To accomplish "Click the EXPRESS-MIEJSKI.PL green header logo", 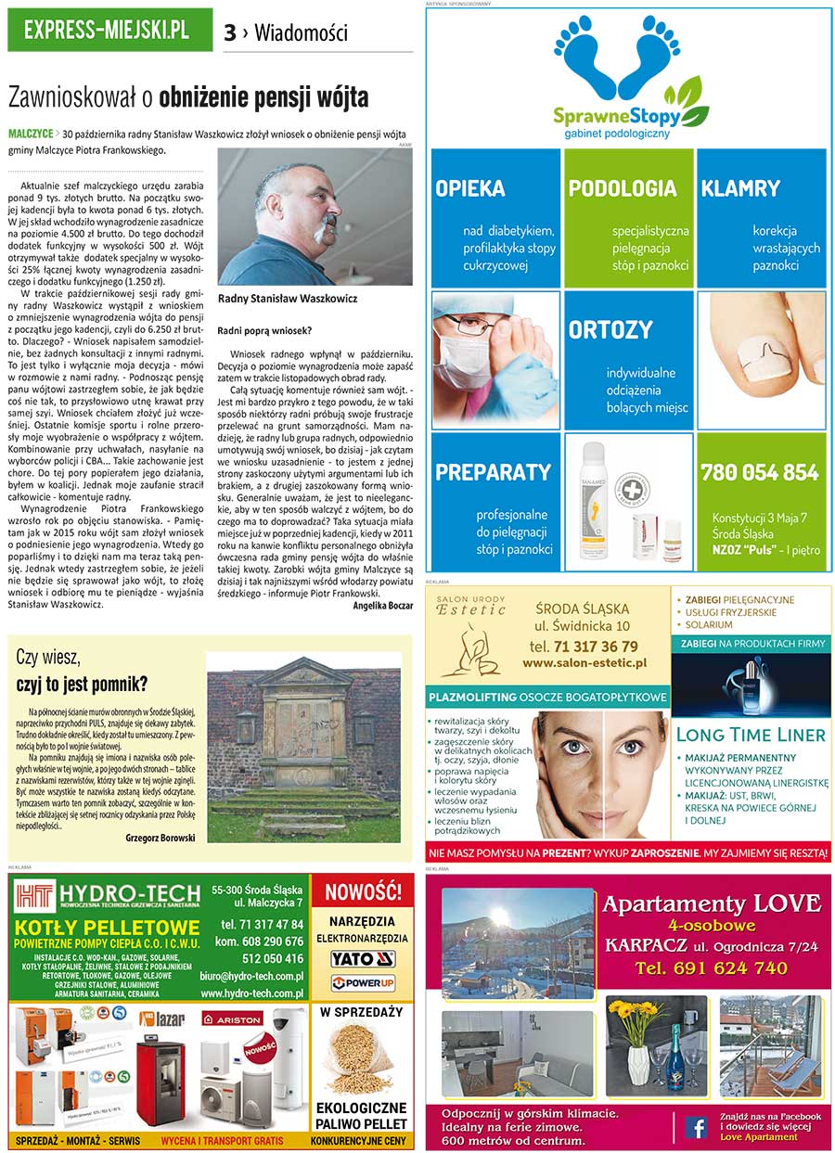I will point(109,30).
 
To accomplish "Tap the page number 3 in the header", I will point(230,33).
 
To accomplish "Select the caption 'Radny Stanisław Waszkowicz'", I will point(287,299).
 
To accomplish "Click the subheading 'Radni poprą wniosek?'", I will point(263,330).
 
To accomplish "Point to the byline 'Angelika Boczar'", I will point(382,606).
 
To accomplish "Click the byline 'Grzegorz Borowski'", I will point(160,838).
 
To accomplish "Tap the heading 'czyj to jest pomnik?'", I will point(82,685).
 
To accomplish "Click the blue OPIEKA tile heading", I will point(470,188).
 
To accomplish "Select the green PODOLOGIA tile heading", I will point(623,188).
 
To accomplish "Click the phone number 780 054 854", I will point(760,472).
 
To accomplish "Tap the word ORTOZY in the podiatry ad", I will point(610,330).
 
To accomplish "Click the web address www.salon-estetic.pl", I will point(584,663).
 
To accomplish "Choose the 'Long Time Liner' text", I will point(751,735).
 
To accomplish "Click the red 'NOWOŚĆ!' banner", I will point(363,892).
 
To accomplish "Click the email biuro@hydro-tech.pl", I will point(251,976).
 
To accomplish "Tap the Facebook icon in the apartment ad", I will point(695,1127).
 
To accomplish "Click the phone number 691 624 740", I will point(712,968).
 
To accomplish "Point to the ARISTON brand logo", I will point(233,1018).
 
